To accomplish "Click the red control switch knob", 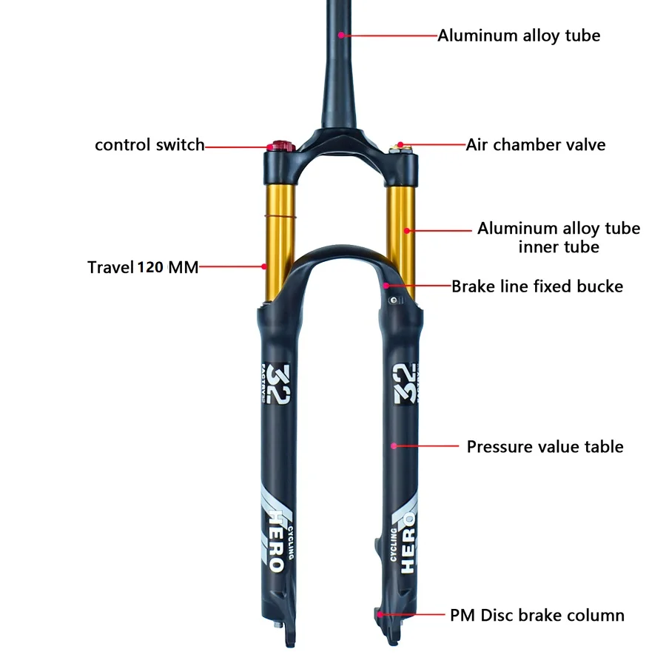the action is [x=281, y=147].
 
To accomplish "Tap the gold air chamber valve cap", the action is [x=400, y=148].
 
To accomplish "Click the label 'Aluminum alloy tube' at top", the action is [x=519, y=36].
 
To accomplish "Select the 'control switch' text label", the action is [x=149, y=145].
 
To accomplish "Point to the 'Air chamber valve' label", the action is [x=536, y=145].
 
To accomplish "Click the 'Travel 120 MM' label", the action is [x=143, y=267].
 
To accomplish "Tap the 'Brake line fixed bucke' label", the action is [x=537, y=286].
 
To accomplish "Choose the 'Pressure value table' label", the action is [x=545, y=446].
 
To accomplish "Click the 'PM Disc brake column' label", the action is [x=537, y=615].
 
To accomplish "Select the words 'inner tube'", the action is [x=559, y=246].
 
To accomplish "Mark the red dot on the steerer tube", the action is [x=341, y=36].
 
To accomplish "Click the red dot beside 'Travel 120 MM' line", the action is [x=263, y=266].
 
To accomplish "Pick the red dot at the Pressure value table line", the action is [x=394, y=446].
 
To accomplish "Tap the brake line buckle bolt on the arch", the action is [x=394, y=300].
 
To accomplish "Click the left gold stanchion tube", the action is [x=280, y=238].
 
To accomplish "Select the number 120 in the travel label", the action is [x=150, y=267].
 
